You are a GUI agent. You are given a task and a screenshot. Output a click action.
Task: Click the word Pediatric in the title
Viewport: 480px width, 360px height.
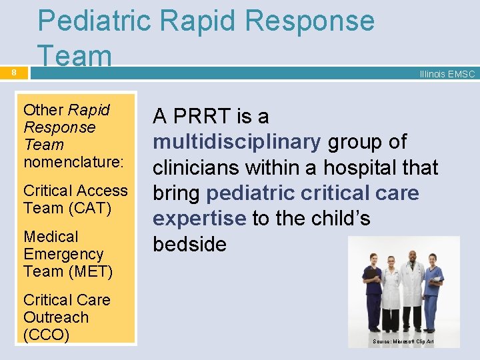click(95, 21)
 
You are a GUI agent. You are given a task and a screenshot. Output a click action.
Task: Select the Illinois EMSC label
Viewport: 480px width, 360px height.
click(447, 74)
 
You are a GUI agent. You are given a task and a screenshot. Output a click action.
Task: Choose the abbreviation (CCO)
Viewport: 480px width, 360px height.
click(46, 335)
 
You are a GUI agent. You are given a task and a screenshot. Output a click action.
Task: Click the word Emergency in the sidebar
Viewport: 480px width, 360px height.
click(63, 254)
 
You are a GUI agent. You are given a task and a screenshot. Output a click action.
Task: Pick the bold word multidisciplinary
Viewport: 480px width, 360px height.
click(237, 142)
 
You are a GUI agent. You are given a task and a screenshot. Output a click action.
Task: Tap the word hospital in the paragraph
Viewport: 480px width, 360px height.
click(361, 167)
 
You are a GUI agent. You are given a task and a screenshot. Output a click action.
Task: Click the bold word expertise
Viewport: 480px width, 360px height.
click(199, 218)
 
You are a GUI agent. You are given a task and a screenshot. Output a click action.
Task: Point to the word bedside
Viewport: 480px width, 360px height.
click(189, 244)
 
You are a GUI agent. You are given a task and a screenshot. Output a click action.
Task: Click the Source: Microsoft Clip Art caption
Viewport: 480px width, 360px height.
click(403, 341)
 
